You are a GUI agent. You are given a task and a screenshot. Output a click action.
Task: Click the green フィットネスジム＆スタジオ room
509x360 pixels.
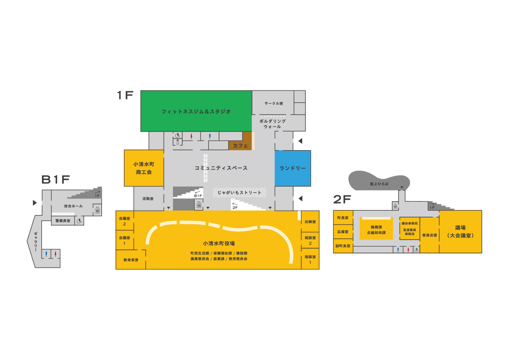point(196,111)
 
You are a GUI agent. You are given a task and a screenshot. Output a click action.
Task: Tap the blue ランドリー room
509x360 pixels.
point(293,168)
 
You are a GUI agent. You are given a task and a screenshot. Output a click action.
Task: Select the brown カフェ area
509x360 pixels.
point(240,146)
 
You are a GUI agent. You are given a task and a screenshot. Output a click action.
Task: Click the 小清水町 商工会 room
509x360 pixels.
point(144,168)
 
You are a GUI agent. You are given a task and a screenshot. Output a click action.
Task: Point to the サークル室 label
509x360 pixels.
point(273,103)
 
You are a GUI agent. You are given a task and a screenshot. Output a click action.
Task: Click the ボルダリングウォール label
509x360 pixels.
point(272,124)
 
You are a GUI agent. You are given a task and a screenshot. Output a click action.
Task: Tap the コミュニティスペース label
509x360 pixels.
point(221,168)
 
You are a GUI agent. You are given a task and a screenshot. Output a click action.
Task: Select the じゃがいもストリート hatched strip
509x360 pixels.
point(239,192)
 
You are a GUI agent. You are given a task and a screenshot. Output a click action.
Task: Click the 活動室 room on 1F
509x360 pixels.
point(148,199)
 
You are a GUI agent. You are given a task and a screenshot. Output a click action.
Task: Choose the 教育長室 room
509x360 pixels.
point(131,260)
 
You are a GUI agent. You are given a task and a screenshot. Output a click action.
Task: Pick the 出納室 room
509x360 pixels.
point(310,221)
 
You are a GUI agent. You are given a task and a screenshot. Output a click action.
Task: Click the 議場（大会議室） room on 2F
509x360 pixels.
point(460,231)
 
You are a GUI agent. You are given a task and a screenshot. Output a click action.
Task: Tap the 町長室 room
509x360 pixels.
point(343,218)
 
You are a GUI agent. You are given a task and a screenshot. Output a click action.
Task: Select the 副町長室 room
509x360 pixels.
point(343,246)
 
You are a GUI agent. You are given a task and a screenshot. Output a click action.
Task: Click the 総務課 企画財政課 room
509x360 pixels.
point(376,229)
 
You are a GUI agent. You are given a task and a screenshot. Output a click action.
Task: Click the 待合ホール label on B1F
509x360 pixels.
point(73,206)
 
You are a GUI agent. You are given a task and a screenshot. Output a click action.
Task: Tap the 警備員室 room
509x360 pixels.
point(63,221)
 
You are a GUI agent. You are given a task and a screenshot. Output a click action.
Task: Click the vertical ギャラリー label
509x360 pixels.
point(35,241)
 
